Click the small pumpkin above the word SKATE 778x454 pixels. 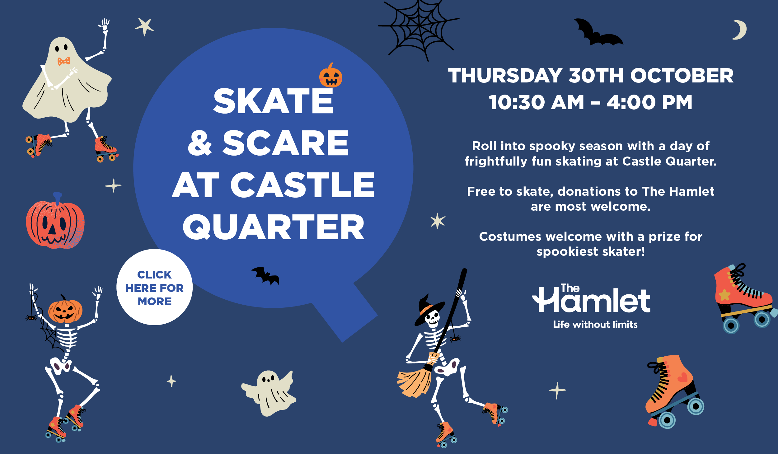[x=330, y=76]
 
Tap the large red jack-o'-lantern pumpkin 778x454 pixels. [x=55, y=222]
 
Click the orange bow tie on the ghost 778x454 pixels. [x=64, y=61]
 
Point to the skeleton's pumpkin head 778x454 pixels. [x=65, y=310]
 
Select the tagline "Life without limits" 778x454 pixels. [x=595, y=325]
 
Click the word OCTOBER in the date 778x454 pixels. [x=682, y=76]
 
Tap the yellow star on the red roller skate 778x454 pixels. [x=724, y=294]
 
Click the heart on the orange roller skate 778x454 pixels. [x=682, y=377]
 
